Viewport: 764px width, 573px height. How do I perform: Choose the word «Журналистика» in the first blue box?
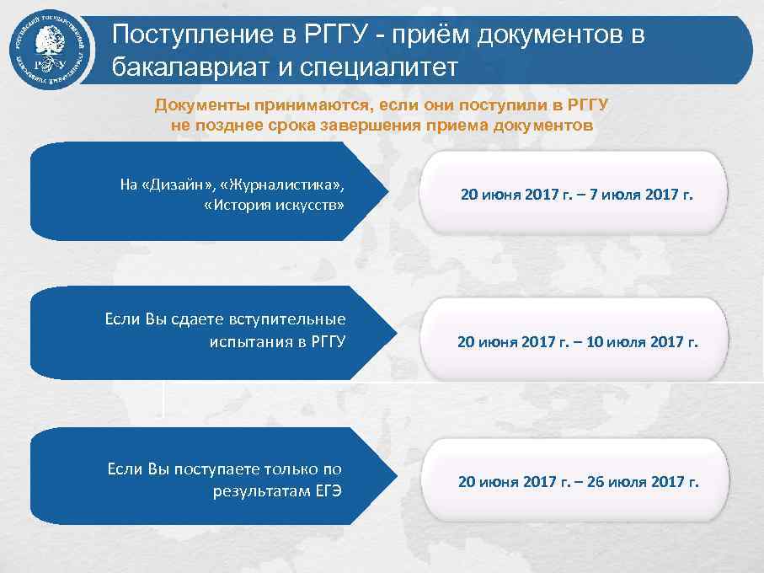(281, 185)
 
